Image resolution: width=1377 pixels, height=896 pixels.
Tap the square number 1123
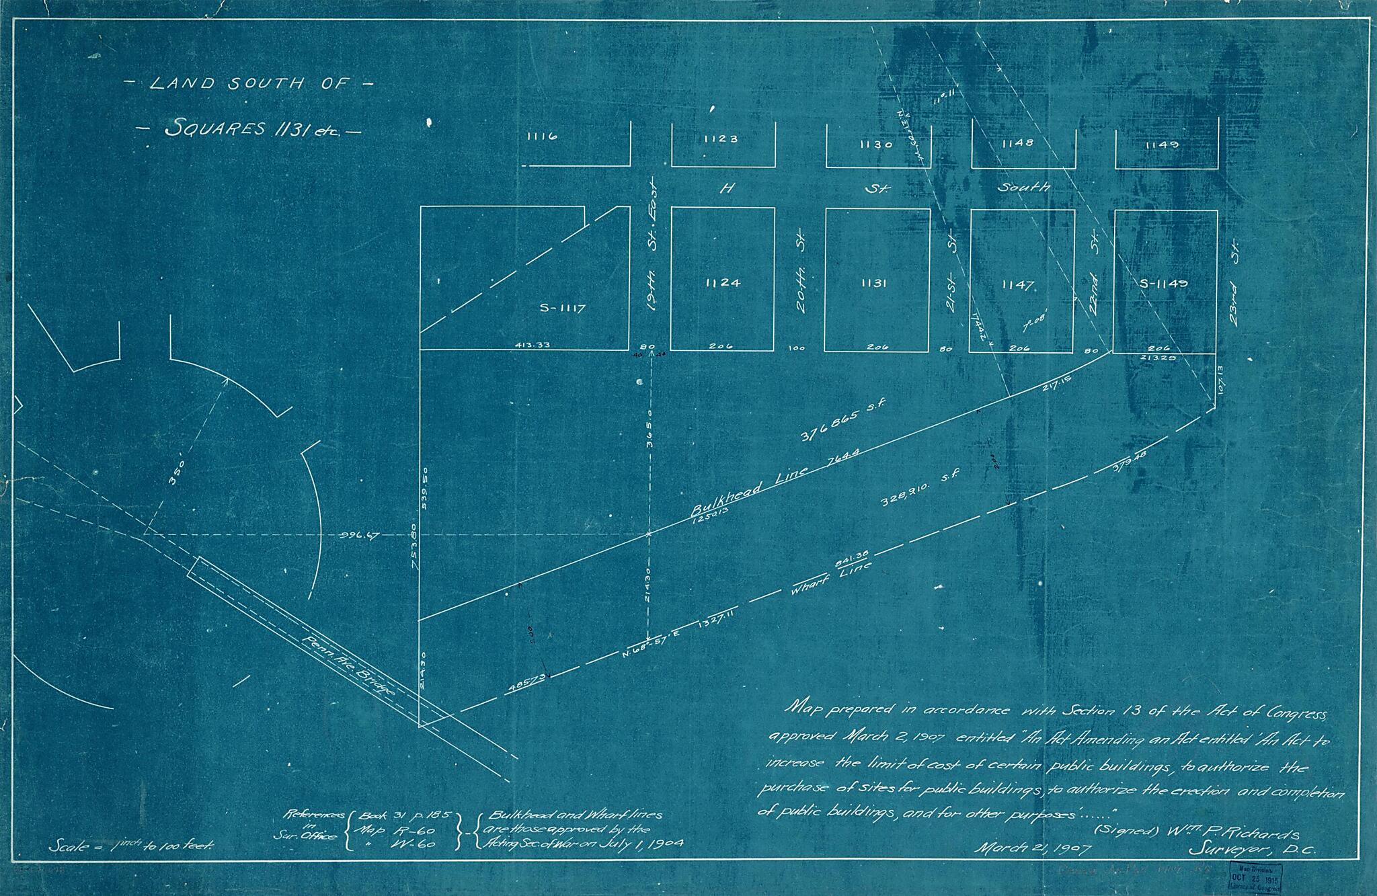721,139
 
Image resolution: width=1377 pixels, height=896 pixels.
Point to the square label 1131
874,284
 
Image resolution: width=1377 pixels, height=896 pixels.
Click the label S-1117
563,309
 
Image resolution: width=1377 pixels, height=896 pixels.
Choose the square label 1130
875,144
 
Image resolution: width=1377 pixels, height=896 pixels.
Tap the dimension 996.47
361,535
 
